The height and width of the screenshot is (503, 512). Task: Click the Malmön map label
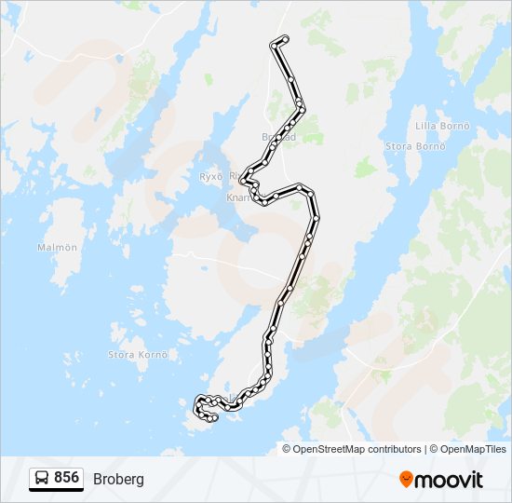pos(57,247)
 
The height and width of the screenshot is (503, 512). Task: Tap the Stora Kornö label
pos(139,354)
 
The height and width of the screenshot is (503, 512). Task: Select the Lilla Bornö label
pos(439,126)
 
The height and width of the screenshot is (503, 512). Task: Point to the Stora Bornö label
pos(416,146)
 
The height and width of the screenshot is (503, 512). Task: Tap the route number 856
pos(66,478)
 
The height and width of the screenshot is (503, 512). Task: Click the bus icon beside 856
pos(42,478)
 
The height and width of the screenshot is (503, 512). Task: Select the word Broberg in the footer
pos(118,479)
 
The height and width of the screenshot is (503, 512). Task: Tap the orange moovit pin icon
pos(407,479)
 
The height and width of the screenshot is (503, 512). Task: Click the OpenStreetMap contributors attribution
pos(344,449)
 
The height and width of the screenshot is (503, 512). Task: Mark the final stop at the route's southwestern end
pos(215,418)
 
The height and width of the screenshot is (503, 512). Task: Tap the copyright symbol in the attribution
pos(287,449)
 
